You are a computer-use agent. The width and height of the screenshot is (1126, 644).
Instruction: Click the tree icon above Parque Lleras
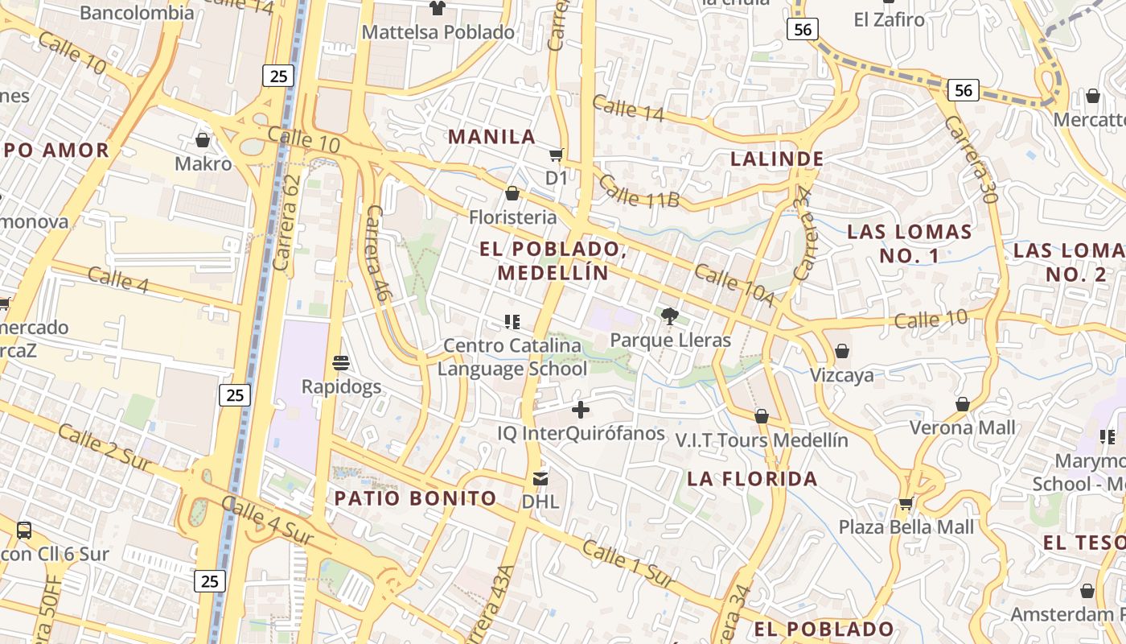[669, 316]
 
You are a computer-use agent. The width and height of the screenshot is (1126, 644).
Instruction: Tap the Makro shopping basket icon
[203, 140]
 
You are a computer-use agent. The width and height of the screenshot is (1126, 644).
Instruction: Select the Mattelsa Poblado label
[438, 32]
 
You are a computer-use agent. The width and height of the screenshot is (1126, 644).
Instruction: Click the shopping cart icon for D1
[556, 155]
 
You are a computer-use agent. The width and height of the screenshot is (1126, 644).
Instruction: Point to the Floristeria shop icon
[512, 193]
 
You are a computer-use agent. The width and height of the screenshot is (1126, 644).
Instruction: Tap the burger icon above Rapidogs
[341, 362]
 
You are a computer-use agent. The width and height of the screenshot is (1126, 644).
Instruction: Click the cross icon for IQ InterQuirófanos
[581, 410]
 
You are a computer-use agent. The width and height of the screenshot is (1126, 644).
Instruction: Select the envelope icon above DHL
[540, 479]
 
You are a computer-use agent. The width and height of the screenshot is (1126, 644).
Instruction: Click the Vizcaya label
[841, 375]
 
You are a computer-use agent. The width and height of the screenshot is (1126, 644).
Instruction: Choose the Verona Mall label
[963, 427]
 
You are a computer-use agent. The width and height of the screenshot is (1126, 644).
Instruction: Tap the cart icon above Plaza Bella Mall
[906, 504]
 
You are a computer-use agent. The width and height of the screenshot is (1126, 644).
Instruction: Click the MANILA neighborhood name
[491, 137]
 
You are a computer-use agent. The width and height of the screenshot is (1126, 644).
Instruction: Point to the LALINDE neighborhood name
[777, 159]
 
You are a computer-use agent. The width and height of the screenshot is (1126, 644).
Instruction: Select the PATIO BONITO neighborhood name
[415, 498]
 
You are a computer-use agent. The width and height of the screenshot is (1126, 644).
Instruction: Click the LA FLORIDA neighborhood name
[752, 479]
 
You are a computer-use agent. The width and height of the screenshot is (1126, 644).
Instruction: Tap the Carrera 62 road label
[287, 222]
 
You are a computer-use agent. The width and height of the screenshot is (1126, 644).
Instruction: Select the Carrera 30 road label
[970, 159]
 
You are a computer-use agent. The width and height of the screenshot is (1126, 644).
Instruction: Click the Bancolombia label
[137, 12]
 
